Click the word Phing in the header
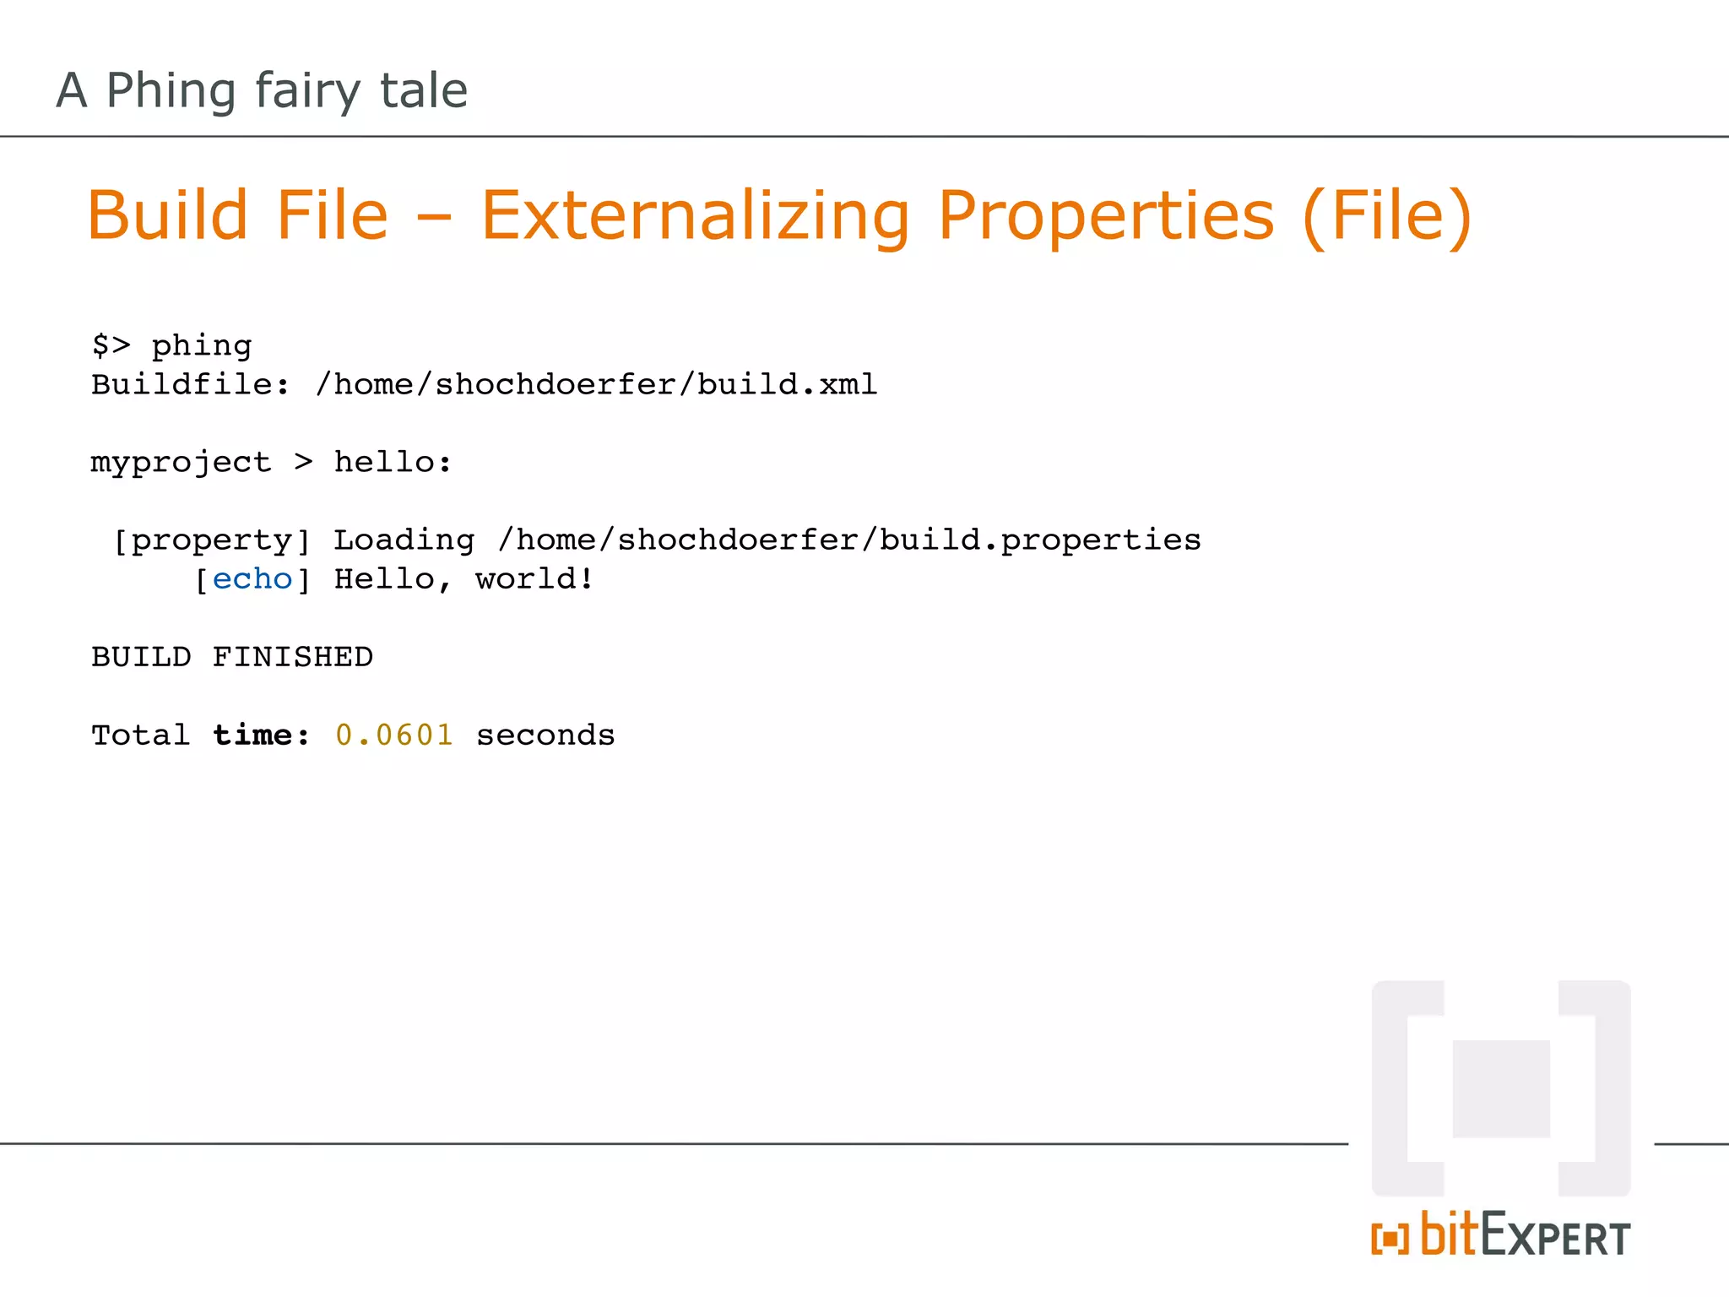coord(171,91)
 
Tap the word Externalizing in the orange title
coord(696,216)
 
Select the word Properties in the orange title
coord(1106,216)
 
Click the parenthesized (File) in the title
coord(1388,216)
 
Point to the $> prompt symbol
coord(111,345)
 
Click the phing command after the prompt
coord(202,346)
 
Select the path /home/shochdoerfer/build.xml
coord(596,385)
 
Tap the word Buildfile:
coord(191,385)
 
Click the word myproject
coord(181,464)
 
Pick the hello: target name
coord(393,463)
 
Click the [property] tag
coord(212,540)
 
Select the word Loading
coord(404,541)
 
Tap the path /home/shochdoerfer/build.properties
coord(849,540)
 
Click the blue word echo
coord(252,579)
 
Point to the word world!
coord(535,579)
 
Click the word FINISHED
coord(293,657)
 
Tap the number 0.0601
coord(394,735)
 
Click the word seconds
coord(545,735)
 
